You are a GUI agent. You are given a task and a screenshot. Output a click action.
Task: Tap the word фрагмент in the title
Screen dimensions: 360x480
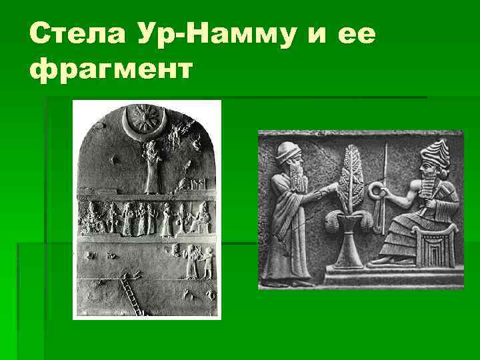(111, 68)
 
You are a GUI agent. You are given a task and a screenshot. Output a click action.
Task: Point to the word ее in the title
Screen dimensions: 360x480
(352, 31)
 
